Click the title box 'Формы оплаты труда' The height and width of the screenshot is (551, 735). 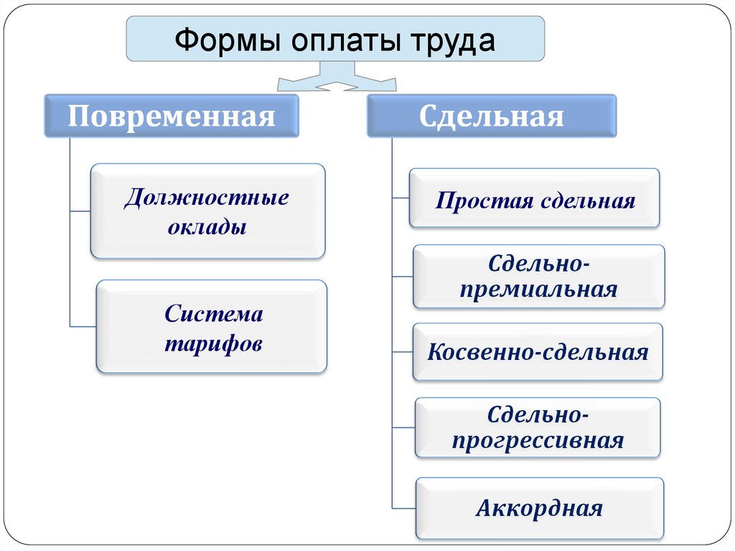click(335, 40)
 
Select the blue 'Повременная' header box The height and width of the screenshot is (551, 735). click(172, 116)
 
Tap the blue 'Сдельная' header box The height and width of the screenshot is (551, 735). click(492, 116)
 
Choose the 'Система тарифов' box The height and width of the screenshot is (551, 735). click(212, 327)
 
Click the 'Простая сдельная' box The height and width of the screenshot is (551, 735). click(535, 199)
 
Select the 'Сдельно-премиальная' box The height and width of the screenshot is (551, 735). click(539, 277)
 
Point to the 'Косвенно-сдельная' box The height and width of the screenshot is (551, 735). click(538, 352)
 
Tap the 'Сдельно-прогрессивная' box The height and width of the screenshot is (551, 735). click(538, 427)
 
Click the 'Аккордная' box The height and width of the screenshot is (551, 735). click(539, 509)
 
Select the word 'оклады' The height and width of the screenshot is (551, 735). click(207, 227)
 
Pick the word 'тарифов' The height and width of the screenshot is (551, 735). click(214, 343)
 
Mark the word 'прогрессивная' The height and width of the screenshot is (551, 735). click(538, 440)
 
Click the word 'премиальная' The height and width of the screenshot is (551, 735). click(538, 290)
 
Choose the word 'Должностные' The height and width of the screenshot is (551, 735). click(207, 198)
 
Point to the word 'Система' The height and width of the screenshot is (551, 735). click(214, 314)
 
